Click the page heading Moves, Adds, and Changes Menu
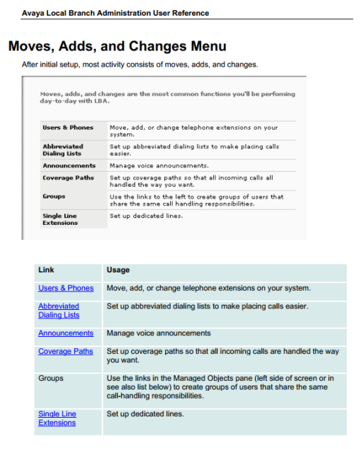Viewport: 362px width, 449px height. click(x=117, y=47)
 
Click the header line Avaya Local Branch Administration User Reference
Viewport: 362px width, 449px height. click(x=115, y=13)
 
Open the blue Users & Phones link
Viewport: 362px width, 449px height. click(x=66, y=288)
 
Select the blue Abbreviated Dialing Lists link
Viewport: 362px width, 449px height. click(x=59, y=311)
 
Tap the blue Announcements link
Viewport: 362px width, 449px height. click(x=66, y=333)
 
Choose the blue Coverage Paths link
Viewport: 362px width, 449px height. click(x=65, y=351)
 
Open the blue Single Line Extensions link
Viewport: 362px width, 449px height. click(x=57, y=418)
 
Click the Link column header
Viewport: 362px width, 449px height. click(x=46, y=270)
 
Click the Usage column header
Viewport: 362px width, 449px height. click(x=118, y=270)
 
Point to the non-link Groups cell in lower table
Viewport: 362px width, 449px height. click(x=51, y=378)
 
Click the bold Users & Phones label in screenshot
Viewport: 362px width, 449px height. click(x=68, y=128)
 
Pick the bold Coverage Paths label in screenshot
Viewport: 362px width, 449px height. click(x=68, y=177)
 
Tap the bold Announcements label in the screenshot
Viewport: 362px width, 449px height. click(x=69, y=165)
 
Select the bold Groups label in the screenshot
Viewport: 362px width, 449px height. click(x=54, y=196)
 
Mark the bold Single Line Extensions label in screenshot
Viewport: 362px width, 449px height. click(x=60, y=219)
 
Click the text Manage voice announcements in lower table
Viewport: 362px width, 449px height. click(x=158, y=333)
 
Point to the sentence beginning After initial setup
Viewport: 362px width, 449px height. click(x=140, y=65)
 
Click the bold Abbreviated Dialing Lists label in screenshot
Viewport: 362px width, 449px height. click(x=63, y=150)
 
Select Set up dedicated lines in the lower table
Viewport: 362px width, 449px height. click(x=145, y=414)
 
